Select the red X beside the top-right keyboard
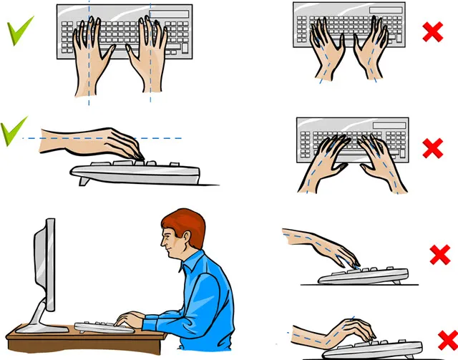pyautogui.click(x=432, y=31)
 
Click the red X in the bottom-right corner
pyautogui.click(x=446, y=339)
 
